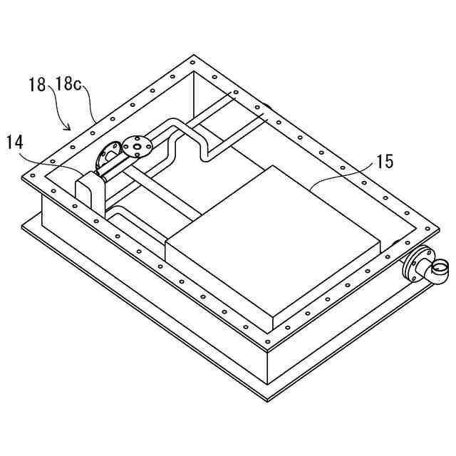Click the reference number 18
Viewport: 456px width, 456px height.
37,85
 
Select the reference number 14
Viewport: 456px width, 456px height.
17,142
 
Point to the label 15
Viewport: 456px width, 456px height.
384,162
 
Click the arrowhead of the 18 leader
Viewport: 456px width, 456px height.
69,130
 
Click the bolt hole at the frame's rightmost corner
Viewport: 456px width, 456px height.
428,227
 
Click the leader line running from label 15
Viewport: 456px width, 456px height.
342,174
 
